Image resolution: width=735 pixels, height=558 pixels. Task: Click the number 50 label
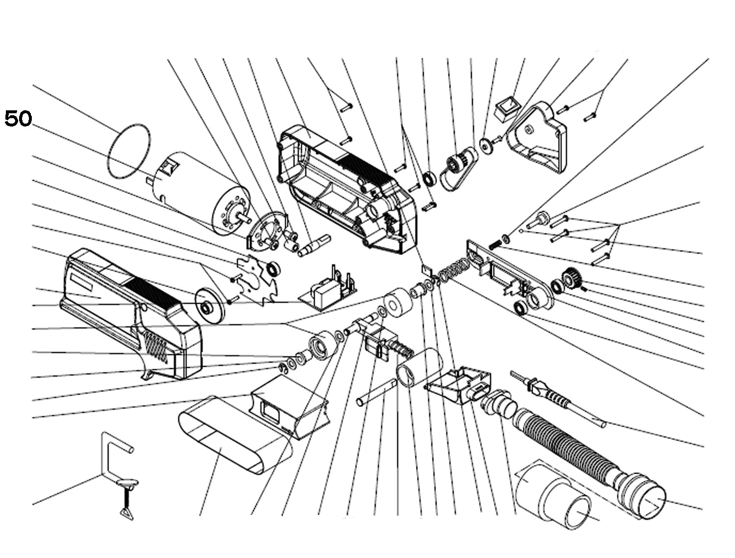[18, 119]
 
